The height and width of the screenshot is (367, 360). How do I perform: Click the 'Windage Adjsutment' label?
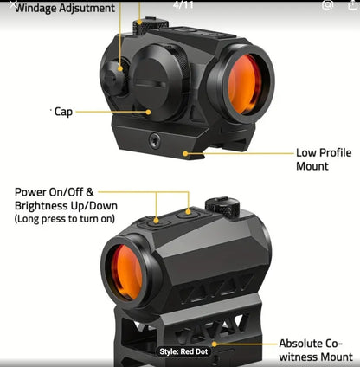tap(65, 9)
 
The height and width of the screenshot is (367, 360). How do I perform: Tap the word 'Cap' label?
tap(63, 112)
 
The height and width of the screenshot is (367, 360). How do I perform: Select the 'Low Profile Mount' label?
tap(324, 158)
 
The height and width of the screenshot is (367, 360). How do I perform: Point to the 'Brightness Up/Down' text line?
tap(66, 206)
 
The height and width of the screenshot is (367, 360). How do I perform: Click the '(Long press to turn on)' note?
tap(64, 220)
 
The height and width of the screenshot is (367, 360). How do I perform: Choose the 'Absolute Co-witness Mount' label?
tap(315, 350)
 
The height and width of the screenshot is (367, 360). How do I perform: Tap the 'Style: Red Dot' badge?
tap(183, 351)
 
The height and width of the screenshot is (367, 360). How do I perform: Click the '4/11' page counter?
tap(183, 5)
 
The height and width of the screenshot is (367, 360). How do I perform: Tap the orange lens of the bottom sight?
tap(124, 271)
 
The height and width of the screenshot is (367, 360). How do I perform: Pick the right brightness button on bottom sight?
tap(188, 212)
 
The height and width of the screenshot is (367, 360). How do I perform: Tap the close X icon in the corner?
tap(8, 5)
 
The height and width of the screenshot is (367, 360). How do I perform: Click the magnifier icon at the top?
tap(327, 5)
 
